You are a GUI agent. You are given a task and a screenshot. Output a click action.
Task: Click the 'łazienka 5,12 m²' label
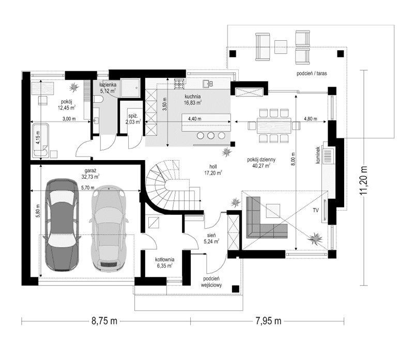(x=108, y=87)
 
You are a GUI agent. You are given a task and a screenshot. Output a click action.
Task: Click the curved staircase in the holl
(x=165, y=183)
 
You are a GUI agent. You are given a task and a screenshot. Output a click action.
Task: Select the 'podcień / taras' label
(x=311, y=74)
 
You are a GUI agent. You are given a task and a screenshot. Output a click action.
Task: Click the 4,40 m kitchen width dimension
(x=195, y=119)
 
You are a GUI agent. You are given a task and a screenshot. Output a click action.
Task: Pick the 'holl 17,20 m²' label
(x=212, y=170)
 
